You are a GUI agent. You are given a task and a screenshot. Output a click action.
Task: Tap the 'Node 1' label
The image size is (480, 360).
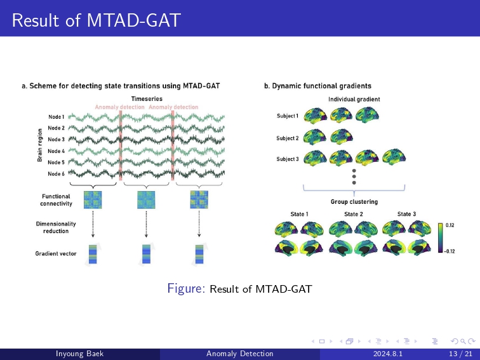pos(56,117)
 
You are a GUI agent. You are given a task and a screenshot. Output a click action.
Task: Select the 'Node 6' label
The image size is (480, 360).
pos(56,173)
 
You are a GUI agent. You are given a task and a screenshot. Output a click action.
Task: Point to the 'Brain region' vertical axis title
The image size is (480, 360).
pos(39,145)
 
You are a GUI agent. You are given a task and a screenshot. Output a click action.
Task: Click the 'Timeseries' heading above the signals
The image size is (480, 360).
pos(147,98)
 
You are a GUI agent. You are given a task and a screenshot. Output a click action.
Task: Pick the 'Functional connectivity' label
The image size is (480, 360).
pos(56,200)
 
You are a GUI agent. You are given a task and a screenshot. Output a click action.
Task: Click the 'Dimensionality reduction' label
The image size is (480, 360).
pos(56,227)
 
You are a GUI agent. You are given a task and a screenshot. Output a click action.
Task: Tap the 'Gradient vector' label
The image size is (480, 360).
pos(56,253)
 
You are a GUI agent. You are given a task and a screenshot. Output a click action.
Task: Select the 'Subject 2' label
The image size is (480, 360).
pos(287,138)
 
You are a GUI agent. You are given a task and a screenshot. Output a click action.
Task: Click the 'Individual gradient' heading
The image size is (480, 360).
pos(354,99)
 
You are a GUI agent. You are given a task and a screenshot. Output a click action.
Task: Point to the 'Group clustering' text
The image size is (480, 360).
pos(354,202)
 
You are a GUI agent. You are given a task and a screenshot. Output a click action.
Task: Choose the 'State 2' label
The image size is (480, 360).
pos(353,214)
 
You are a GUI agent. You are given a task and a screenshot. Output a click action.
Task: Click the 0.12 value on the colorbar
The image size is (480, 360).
pos(450,225)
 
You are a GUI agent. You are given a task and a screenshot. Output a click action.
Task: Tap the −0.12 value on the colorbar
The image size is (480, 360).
pos(449,251)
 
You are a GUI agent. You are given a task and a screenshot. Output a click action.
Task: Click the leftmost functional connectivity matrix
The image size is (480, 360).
pos(93,200)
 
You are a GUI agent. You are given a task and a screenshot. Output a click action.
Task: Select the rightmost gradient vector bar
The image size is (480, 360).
pos(199,254)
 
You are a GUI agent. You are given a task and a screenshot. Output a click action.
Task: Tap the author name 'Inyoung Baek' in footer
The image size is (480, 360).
pos(80,354)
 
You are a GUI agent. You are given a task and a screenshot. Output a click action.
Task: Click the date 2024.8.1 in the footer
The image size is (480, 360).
pos(388,354)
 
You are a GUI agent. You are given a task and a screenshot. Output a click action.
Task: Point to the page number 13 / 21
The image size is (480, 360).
pos(460,354)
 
